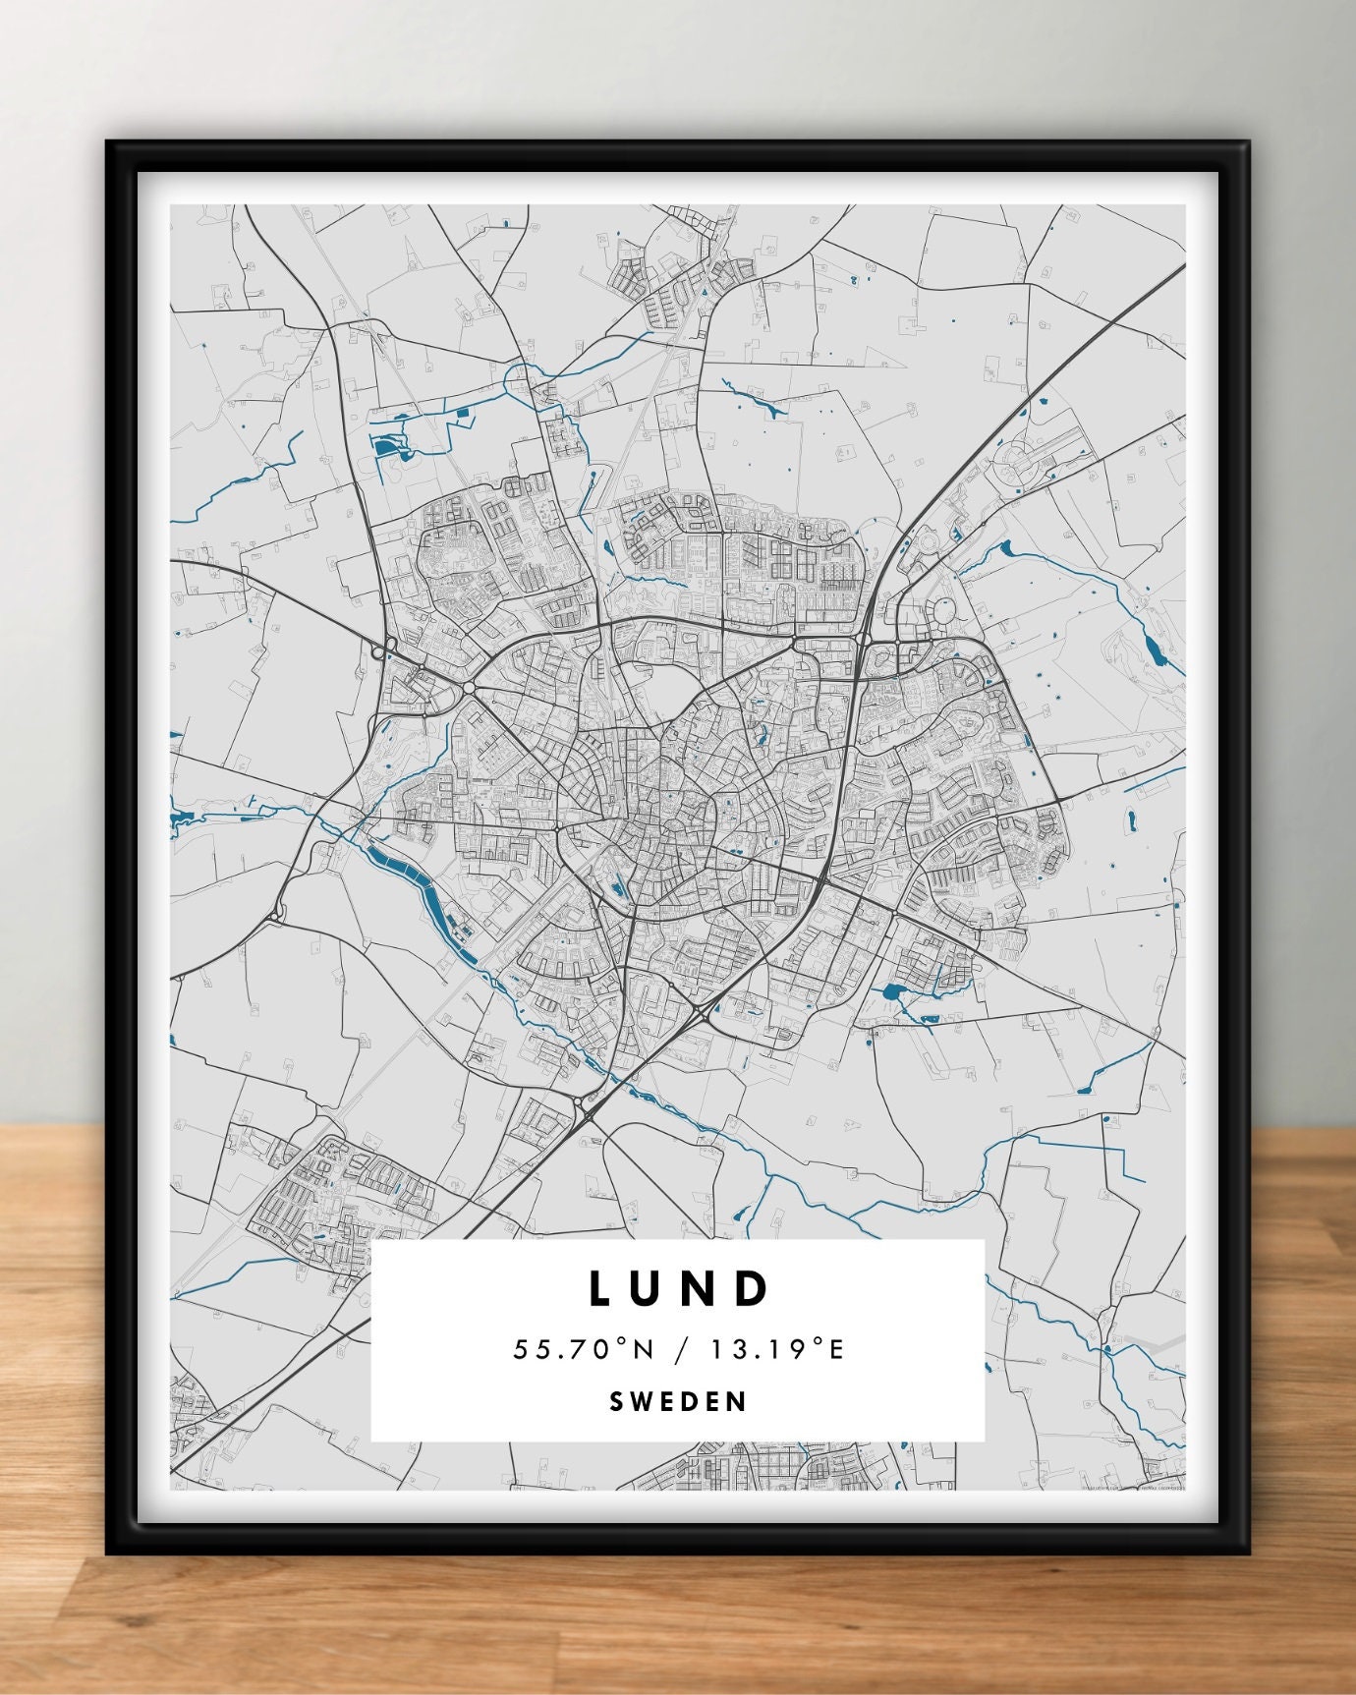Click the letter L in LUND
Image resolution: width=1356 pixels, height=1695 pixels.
[x=602, y=1288]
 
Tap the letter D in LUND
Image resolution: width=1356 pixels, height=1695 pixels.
[x=752, y=1288]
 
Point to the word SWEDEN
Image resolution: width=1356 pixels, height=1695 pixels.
[x=678, y=1401]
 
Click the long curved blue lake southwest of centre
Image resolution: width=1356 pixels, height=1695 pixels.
[x=419, y=888]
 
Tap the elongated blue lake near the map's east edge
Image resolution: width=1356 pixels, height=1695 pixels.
[x=1151, y=649]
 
